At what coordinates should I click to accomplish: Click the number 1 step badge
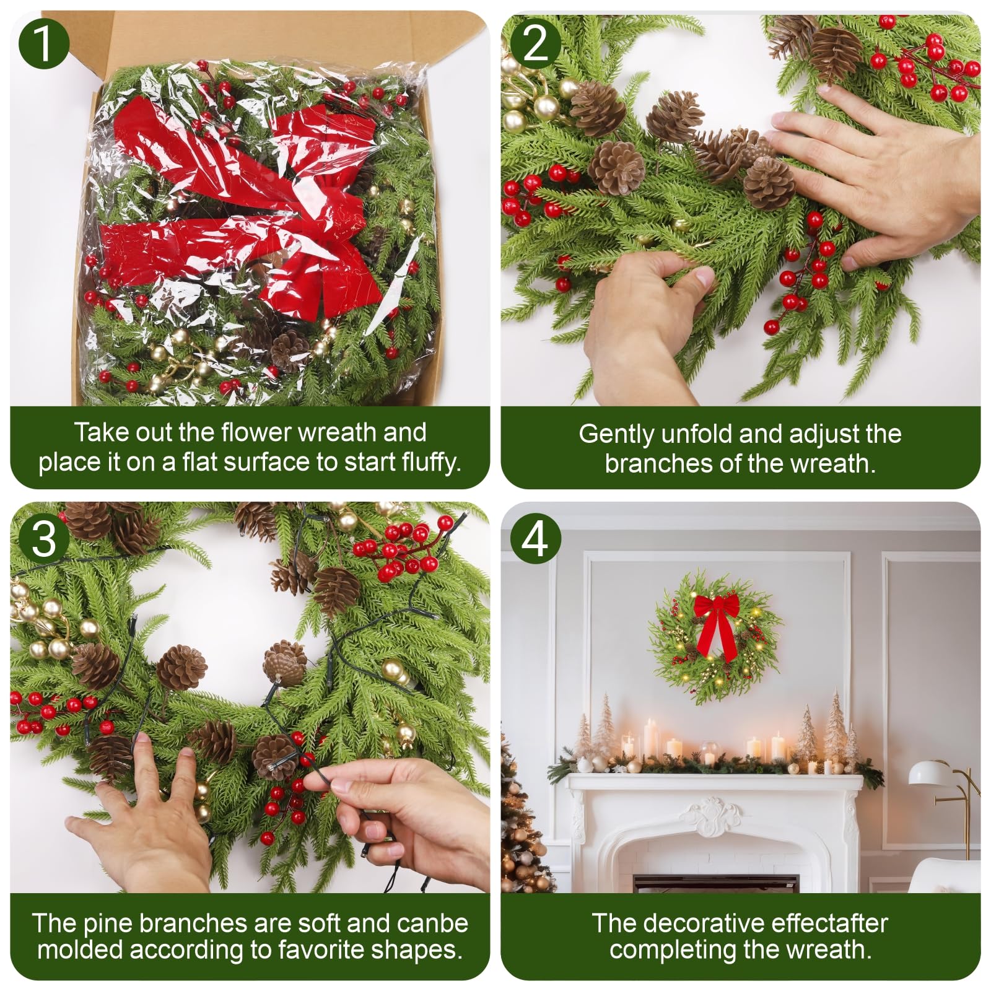click(x=43, y=43)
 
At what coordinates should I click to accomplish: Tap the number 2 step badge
click(x=535, y=43)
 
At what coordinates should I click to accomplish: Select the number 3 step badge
click(x=43, y=539)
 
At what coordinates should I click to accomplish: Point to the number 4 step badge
click(x=535, y=539)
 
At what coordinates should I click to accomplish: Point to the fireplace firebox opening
click(x=715, y=883)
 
